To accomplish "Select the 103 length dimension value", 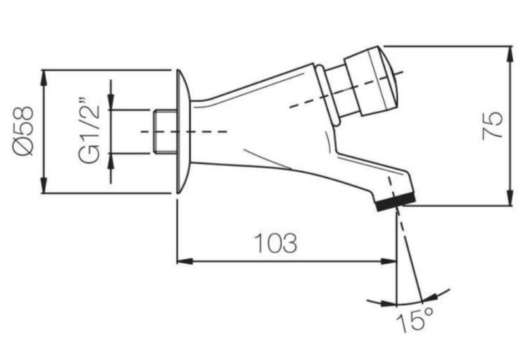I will (276, 243).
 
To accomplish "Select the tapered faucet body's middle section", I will (262, 124).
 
